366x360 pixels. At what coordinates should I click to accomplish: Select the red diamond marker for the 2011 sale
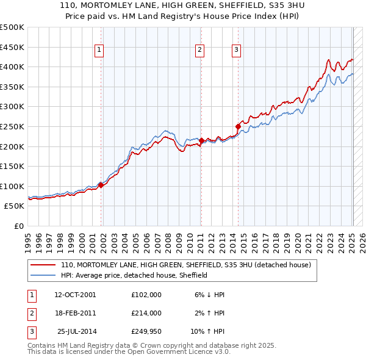coord(201,141)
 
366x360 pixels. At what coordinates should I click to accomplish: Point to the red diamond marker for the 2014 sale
coord(238,127)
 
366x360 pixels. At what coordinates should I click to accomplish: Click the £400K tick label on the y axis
coord(12,67)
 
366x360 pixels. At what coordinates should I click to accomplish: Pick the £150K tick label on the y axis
coord(12,166)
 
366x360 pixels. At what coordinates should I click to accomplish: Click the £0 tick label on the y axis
coord(18,226)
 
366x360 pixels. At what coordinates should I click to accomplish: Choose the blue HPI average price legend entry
coord(134,275)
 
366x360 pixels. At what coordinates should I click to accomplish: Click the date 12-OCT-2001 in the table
coord(75,295)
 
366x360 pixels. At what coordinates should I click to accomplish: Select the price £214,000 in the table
coord(146,313)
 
